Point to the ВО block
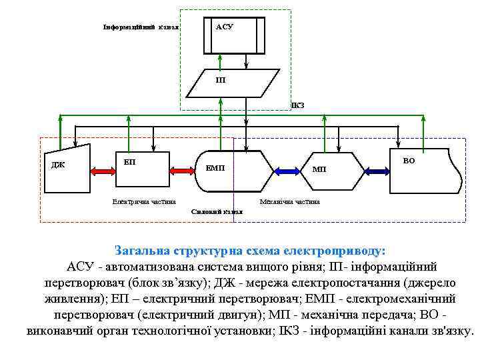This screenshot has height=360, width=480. (427, 171)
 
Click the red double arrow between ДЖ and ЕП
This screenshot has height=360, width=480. (101, 171)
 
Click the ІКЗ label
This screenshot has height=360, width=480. (297, 105)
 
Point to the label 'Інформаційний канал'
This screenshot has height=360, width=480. (140, 27)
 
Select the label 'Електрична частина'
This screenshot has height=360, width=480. (144, 201)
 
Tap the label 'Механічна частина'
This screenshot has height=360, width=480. (289, 201)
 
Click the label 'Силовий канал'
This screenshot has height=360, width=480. (217, 211)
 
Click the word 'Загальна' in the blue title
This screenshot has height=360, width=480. (142, 251)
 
